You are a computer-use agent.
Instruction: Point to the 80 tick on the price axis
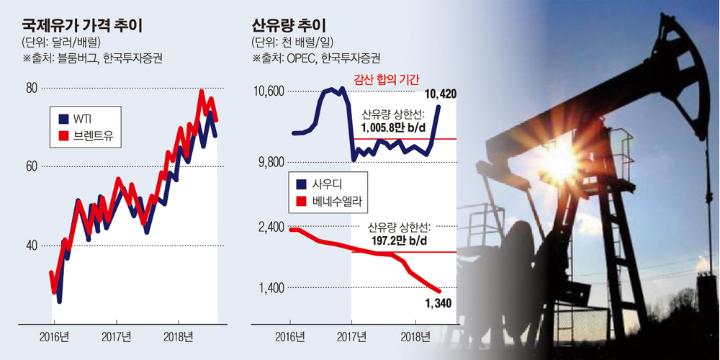pyautogui.click(x=32, y=89)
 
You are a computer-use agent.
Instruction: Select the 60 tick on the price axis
pyautogui.click(x=32, y=166)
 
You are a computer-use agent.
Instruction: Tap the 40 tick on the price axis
pyautogui.click(x=32, y=246)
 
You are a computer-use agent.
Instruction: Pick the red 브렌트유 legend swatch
pyautogui.click(x=63, y=135)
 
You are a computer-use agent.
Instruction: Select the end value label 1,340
pyautogui.click(x=438, y=303)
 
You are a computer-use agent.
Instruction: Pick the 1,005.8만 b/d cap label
pyautogui.click(x=393, y=127)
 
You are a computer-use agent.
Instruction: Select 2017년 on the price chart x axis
pyautogui.click(x=116, y=337)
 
